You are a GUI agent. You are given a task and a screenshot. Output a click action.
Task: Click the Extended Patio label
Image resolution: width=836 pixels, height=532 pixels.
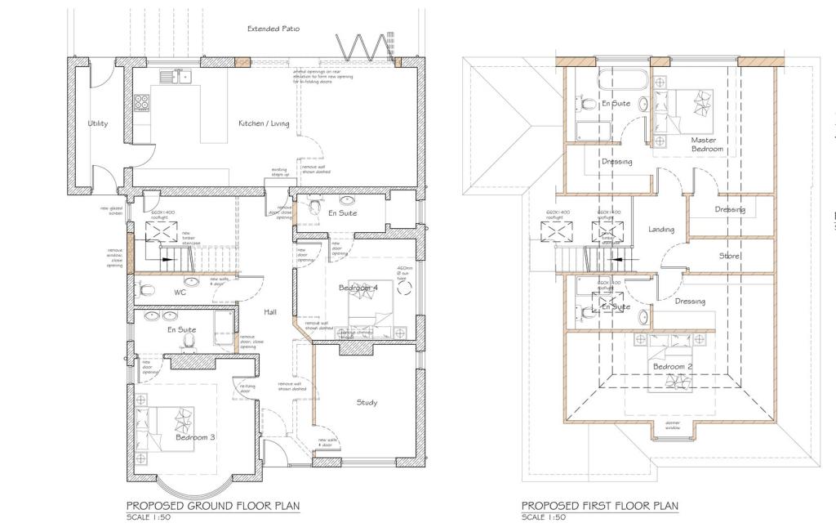coord(273,29)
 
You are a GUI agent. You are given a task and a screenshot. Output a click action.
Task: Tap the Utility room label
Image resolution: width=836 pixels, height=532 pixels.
coord(98,123)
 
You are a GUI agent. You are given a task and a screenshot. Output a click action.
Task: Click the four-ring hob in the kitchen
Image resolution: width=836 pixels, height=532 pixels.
coord(141,103)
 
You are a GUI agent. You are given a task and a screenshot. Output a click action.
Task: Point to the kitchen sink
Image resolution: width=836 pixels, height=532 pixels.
coord(174,78)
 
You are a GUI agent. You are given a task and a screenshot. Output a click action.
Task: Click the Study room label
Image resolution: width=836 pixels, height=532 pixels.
coord(367,402)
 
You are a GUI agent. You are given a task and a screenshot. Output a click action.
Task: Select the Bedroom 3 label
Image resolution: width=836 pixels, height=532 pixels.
coord(195,437)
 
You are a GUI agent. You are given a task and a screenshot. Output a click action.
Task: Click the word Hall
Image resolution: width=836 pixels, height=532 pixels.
coord(271,312)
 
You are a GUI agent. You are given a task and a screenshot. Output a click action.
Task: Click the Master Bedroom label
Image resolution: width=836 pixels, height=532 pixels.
coord(703,145)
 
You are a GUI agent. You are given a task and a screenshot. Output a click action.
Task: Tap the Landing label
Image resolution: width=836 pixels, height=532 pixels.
coord(661,230)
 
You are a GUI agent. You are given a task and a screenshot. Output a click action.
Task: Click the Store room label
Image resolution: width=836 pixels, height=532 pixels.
coord(729,257)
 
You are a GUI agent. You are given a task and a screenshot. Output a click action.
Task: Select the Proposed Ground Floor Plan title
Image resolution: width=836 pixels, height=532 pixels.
coord(212,506)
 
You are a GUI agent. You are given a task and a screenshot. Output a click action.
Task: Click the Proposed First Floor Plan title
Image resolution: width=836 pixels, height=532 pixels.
coord(599,506)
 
